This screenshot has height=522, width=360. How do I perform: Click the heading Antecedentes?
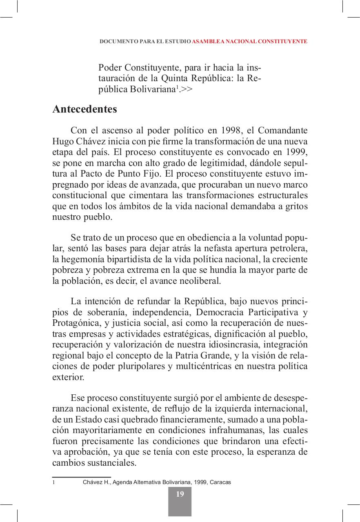(84, 109)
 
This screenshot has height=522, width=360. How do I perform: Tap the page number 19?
(180, 494)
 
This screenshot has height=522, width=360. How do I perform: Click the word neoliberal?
(198, 281)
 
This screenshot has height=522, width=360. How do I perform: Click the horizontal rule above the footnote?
(82, 476)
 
